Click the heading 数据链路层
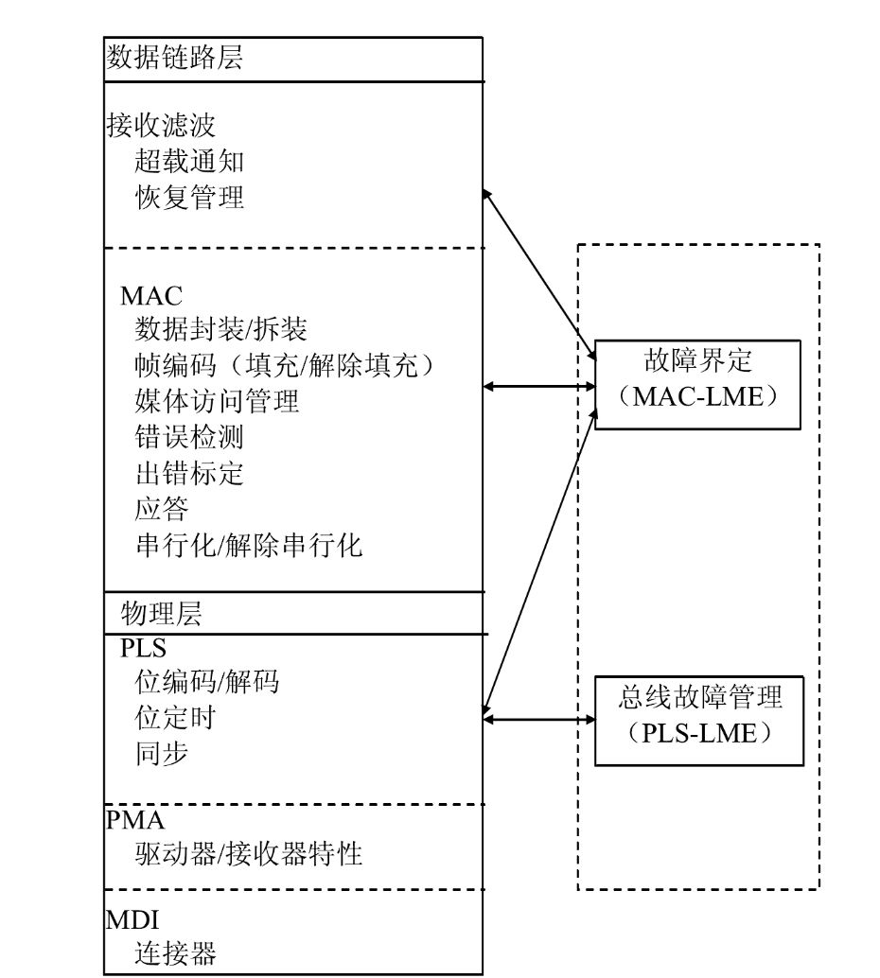175,59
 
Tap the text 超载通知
189,162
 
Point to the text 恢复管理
189,198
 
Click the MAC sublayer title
151,294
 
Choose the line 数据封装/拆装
221,329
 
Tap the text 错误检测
189,437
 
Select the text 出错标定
189,473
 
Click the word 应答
162,509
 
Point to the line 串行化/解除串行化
249,545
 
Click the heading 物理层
162,614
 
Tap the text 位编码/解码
207,682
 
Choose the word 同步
162,753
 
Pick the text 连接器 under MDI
176,952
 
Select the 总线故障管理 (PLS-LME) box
699,718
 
